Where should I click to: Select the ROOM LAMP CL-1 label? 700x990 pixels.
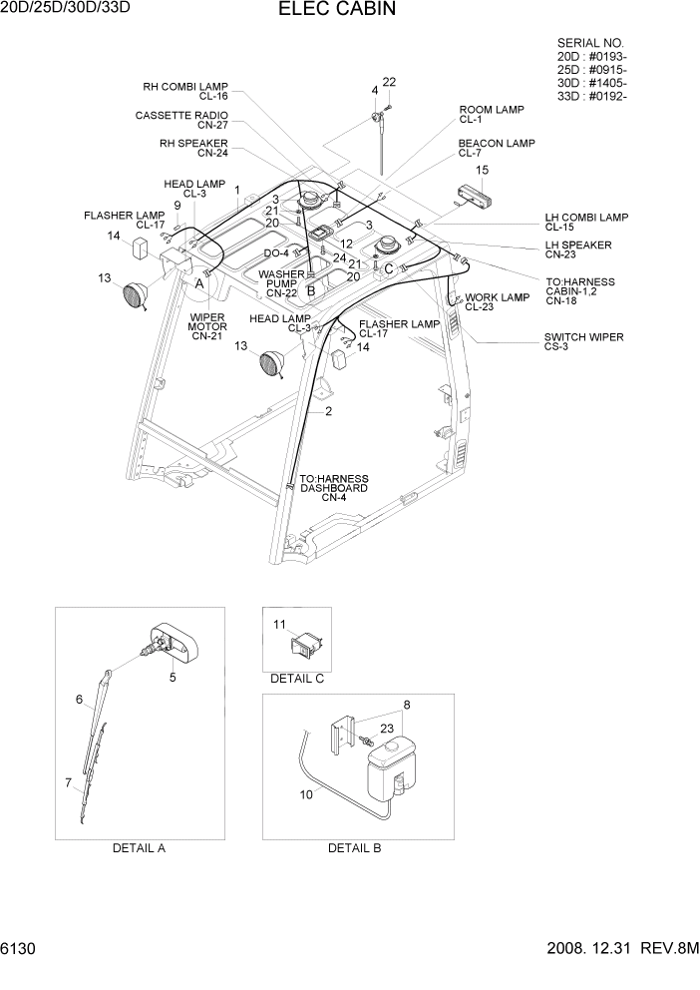491,114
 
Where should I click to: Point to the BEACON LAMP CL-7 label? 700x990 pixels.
496,148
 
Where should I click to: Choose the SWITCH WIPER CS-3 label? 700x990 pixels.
583,342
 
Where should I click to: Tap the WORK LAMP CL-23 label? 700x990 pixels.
496,302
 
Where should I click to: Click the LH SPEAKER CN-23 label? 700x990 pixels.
578,249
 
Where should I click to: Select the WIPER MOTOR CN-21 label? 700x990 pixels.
208,326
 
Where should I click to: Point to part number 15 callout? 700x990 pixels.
482,171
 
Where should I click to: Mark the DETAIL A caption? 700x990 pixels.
139,848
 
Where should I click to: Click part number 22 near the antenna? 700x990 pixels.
389,82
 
